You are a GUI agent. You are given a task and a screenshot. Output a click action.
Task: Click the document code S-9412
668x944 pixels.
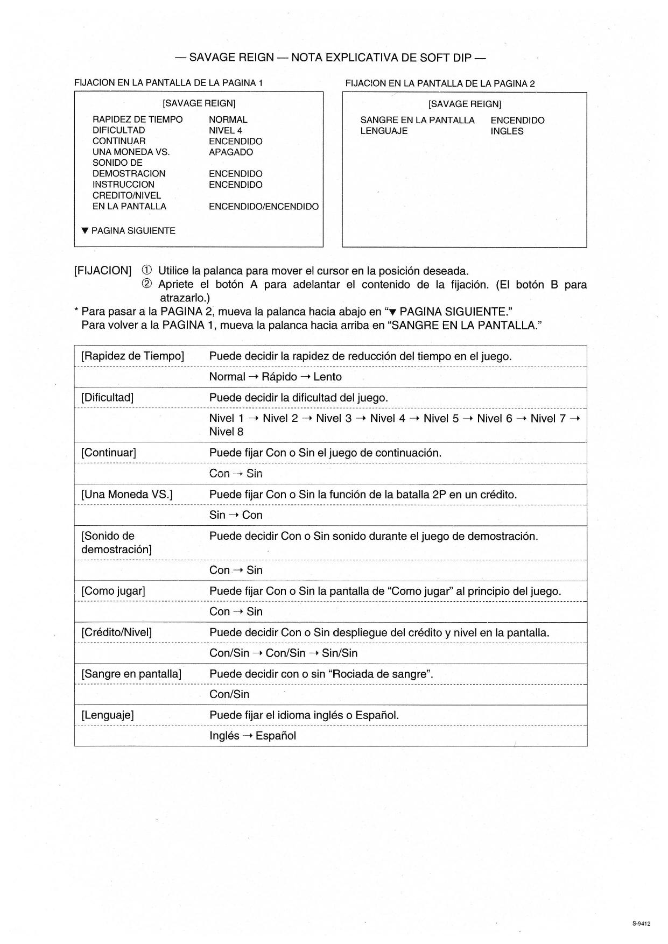pos(641,924)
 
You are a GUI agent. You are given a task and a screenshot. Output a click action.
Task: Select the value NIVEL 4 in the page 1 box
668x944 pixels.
pos(226,130)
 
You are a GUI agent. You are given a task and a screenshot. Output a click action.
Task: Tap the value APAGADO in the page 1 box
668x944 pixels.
pos(231,152)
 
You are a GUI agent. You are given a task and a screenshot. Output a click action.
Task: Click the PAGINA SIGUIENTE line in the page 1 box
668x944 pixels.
pos(129,231)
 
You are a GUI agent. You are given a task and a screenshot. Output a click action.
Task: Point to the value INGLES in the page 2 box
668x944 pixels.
pos(507,131)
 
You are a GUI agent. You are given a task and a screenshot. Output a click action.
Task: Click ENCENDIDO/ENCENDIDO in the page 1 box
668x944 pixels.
pos(263,207)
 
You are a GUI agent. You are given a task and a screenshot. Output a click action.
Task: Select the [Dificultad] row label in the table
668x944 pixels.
pos(107,398)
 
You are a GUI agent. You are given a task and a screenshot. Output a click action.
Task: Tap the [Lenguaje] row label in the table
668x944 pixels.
pos(107,715)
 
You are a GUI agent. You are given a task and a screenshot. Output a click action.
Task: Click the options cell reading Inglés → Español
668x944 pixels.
pos(252,736)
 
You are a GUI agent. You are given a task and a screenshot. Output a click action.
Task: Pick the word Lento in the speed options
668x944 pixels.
pos(327,377)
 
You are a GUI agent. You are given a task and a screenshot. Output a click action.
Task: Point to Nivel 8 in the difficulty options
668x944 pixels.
pos(226,432)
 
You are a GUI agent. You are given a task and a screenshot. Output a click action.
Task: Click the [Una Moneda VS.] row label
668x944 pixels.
pos(126,494)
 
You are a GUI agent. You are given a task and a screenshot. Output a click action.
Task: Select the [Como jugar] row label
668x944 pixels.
pos(113,591)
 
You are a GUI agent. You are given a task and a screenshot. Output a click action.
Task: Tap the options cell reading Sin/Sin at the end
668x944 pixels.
pos(340,653)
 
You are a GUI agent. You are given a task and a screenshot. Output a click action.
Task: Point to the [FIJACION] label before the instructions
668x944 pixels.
pos(102,271)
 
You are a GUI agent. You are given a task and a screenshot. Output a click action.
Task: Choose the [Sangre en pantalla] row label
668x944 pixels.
pos(131,674)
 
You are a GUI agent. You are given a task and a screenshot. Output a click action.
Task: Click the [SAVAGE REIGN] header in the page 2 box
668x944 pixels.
pos(465,104)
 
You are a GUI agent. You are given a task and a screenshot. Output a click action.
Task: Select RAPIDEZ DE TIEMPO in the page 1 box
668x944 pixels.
pos(137,119)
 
